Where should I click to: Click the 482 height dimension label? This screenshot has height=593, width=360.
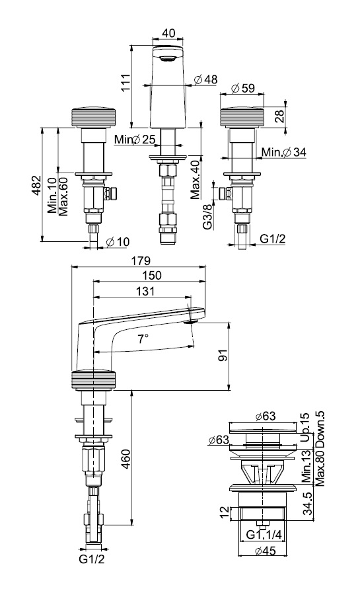click(x=36, y=185)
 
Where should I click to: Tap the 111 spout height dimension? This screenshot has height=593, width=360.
click(x=125, y=82)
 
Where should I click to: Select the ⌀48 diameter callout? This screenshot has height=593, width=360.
click(x=206, y=79)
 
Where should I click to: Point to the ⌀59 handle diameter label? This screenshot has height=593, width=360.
click(x=243, y=88)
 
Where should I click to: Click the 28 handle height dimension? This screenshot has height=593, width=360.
click(x=279, y=116)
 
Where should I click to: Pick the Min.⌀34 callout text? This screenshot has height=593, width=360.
click(x=283, y=152)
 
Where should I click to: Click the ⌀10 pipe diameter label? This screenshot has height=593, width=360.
click(x=118, y=242)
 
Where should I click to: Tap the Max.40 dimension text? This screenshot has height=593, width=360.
click(x=195, y=179)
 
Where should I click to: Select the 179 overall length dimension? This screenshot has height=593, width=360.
click(x=141, y=260)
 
